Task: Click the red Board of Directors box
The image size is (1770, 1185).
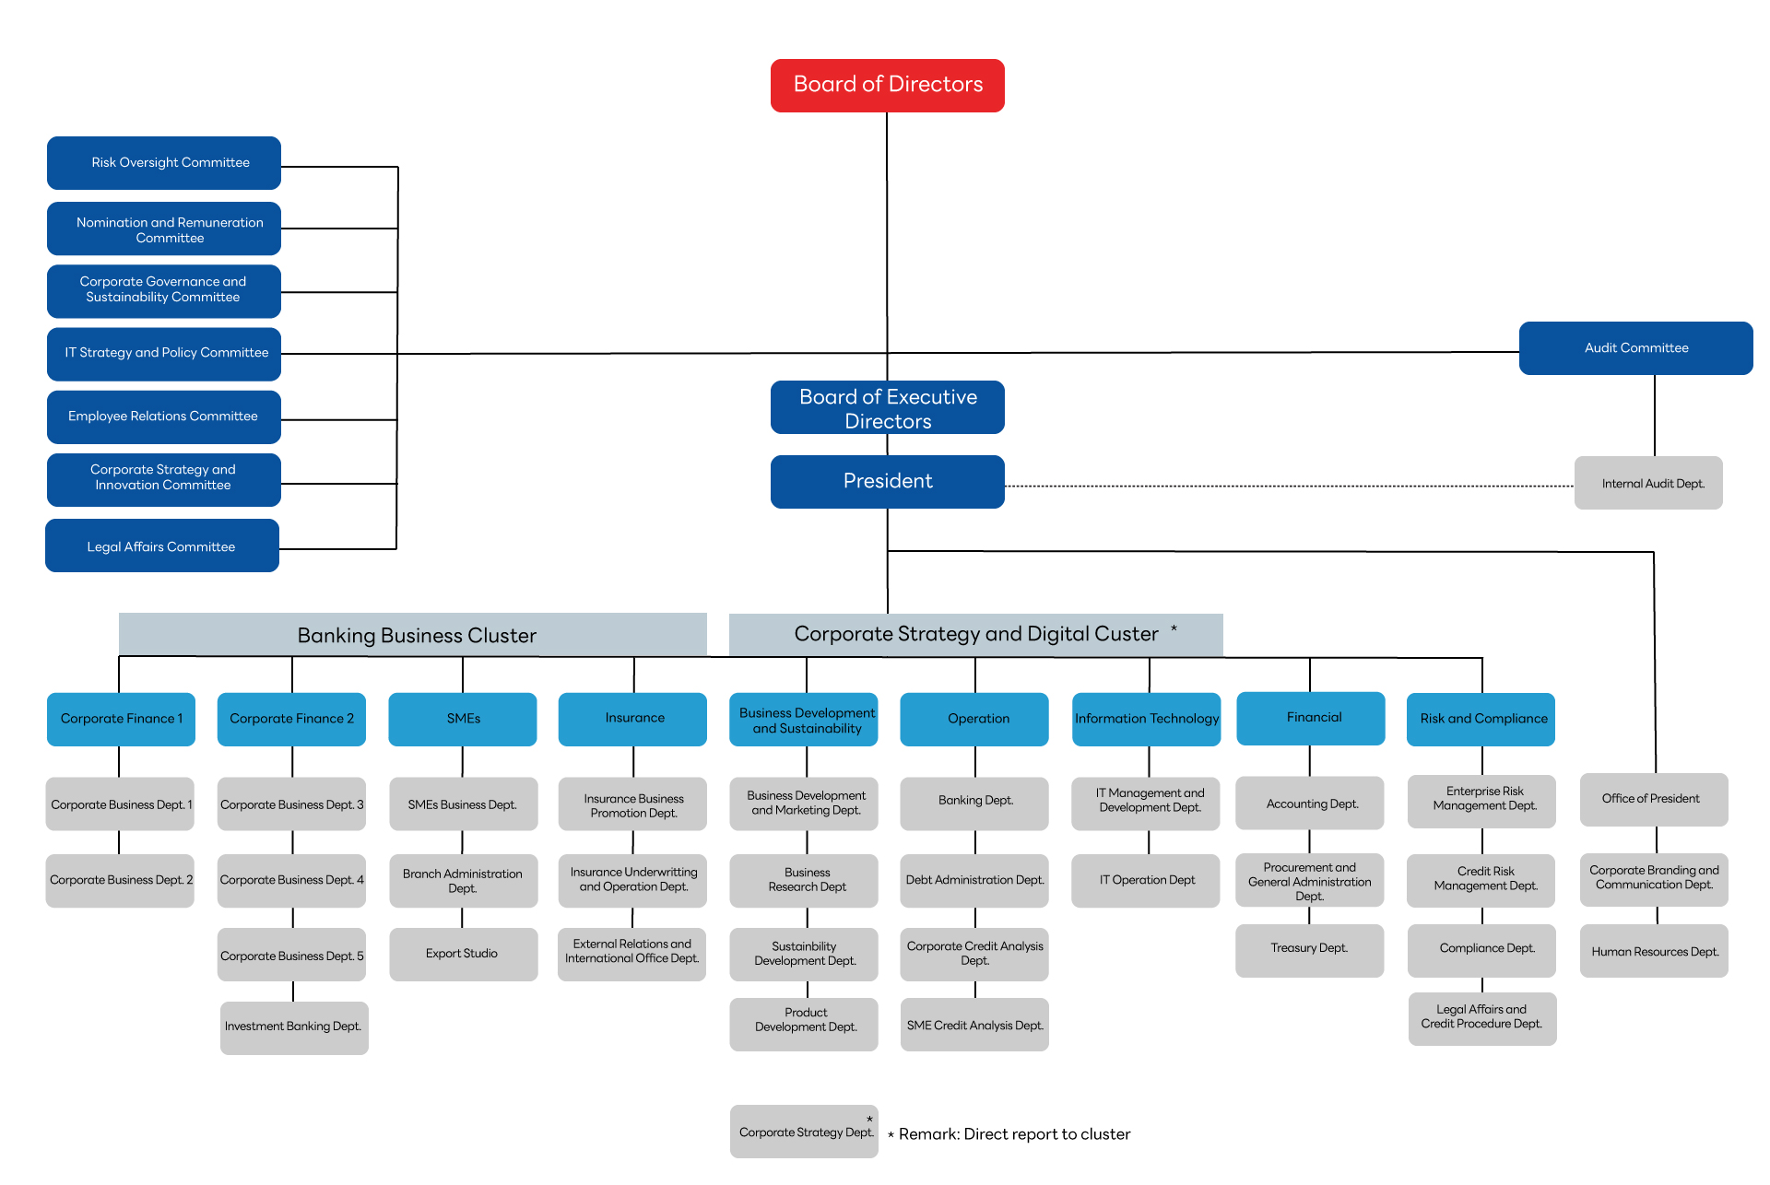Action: click(887, 86)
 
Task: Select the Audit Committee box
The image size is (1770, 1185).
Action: click(1635, 348)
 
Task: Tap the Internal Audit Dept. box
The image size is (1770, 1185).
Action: click(1648, 483)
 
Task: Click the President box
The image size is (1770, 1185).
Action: click(887, 482)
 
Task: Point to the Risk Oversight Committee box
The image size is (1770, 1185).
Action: click(164, 163)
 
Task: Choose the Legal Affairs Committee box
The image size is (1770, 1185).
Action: click(162, 546)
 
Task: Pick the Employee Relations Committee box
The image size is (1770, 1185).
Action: click(164, 417)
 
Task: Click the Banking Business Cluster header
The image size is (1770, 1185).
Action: click(413, 635)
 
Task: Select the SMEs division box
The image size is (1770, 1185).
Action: click(463, 719)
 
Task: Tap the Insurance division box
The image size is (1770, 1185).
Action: click(632, 719)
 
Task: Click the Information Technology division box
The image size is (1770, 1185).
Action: click(1146, 719)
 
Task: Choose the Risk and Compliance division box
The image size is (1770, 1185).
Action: click(1481, 719)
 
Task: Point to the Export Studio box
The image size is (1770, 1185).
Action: click(463, 954)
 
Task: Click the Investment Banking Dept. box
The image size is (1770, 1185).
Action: click(294, 1027)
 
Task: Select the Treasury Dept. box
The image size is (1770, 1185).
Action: click(1309, 950)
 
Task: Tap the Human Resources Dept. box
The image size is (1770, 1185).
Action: click(1654, 950)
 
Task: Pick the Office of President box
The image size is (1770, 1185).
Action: click(1654, 799)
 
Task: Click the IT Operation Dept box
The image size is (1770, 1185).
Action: click(1146, 881)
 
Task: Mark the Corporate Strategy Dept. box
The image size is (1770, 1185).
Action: click(804, 1132)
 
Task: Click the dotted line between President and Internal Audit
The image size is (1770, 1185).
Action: click(1290, 486)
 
